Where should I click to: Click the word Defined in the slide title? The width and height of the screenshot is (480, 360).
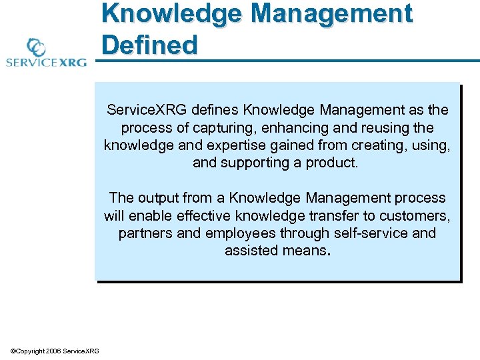pos(150,45)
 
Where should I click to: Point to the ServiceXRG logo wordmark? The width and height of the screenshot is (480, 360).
pos(47,63)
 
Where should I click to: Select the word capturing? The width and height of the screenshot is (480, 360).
pos(216,127)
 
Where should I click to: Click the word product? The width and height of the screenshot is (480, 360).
pos(334,162)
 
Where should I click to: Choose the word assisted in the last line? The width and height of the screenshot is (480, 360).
pos(249,251)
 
